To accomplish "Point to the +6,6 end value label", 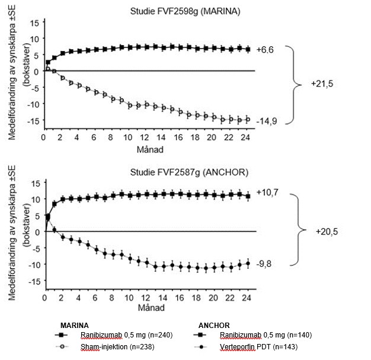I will (x=264, y=50).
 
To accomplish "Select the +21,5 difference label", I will (x=322, y=84).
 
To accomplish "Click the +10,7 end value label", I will (x=266, y=193).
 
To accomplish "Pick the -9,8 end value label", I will (x=264, y=265).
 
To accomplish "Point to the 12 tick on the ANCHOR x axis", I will (x=146, y=299).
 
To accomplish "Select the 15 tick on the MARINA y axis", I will (x=34, y=22).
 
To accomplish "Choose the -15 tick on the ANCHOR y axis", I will (x=33, y=281).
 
